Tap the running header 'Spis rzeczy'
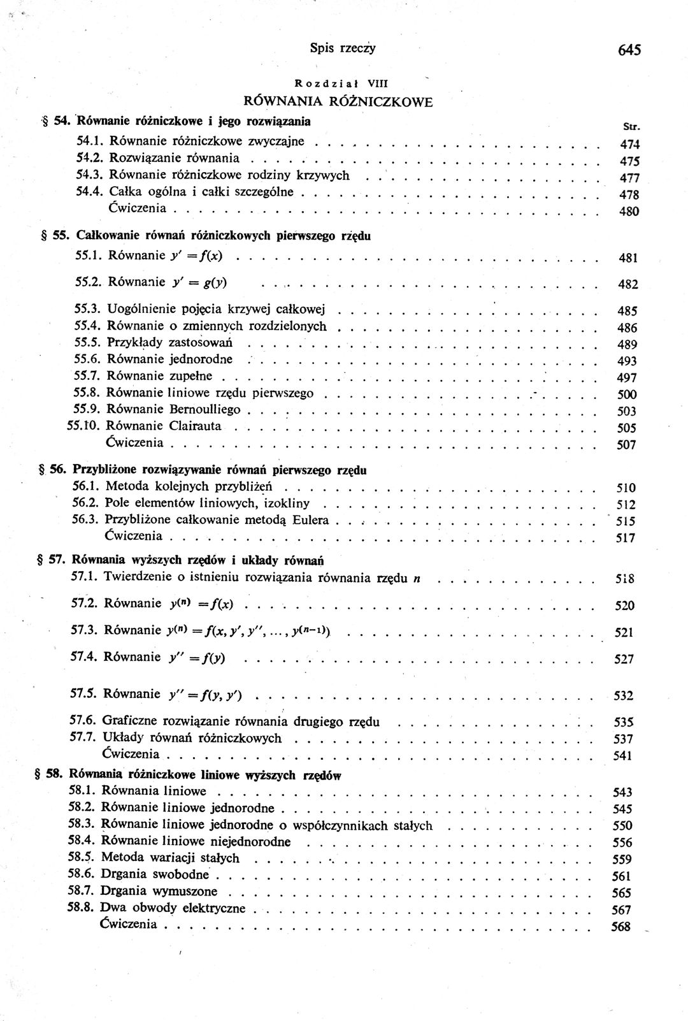343,47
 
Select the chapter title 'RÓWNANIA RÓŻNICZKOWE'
338,101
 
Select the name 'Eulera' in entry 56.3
311,520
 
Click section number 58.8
82,908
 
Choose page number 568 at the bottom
620,927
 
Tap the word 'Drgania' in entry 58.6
124,874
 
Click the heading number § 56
54,470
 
